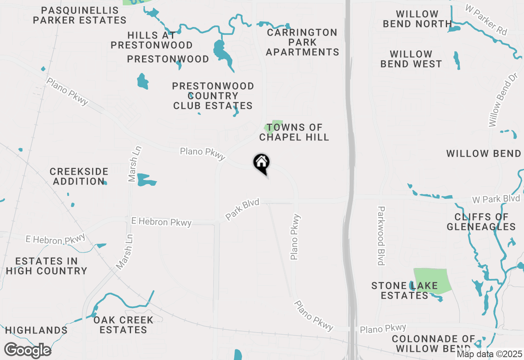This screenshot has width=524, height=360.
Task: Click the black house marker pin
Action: (261, 163)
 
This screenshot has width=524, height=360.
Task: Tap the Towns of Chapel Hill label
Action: (294, 133)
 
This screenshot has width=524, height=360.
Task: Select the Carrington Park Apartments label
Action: (303, 42)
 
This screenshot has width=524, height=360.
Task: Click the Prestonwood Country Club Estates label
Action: (213, 96)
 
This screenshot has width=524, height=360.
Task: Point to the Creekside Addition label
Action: (79, 176)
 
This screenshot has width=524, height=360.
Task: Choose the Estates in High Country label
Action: (46, 266)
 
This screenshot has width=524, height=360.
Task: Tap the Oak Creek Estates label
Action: (123, 325)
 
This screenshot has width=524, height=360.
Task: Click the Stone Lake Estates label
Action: (404, 290)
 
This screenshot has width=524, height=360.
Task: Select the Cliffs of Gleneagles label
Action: (481, 222)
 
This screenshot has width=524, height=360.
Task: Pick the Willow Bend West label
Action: (411, 59)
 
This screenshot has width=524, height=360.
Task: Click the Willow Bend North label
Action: (417, 19)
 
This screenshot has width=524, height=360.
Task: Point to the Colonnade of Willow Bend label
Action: (434, 344)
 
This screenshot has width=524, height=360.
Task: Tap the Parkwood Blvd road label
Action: (381, 236)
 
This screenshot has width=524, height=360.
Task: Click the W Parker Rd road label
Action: (487, 20)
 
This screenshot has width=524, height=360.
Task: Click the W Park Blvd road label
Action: (496, 199)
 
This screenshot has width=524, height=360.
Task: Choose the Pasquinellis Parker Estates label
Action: (80, 15)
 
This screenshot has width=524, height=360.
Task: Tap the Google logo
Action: (27, 351)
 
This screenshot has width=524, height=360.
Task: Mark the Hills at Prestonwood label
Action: (151, 40)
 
